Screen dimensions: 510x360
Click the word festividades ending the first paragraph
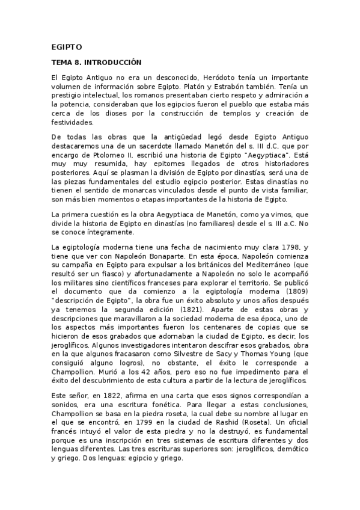(72, 120)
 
